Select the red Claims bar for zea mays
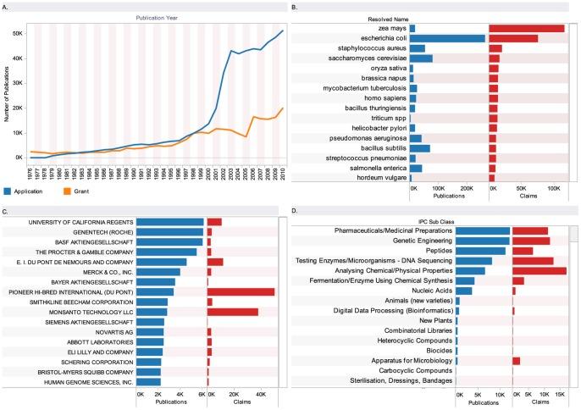(x=527, y=29)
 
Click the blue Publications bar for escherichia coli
(x=447, y=38)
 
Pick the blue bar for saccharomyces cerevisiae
(x=421, y=58)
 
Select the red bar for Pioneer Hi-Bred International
(x=241, y=291)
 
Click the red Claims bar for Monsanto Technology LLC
(x=233, y=312)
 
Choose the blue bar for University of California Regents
(x=169, y=221)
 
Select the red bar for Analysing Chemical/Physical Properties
(x=539, y=270)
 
